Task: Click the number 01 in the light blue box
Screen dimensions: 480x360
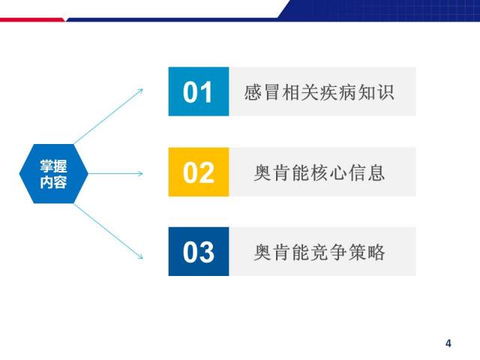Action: pyautogui.click(x=197, y=92)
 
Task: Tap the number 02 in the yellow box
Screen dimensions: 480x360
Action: pyautogui.click(x=198, y=172)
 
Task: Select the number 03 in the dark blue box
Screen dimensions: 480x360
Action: pyautogui.click(x=198, y=252)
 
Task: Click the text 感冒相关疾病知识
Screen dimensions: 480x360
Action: pyautogui.click(x=319, y=92)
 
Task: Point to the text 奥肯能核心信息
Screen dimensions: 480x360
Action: pyautogui.click(x=319, y=172)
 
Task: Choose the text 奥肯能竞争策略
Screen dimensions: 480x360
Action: pyautogui.click(x=319, y=252)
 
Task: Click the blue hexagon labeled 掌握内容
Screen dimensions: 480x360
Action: pyautogui.click(x=53, y=173)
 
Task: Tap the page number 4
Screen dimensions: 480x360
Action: pyautogui.click(x=448, y=343)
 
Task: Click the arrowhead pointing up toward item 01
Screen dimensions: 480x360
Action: pyautogui.click(x=140, y=91)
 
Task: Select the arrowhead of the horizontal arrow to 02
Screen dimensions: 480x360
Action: pyautogui.click(x=140, y=173)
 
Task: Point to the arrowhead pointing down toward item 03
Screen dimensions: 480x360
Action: pyautogui.click(x=140, y=256)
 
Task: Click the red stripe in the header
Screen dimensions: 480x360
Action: pyautogui.click(x=32, y=20)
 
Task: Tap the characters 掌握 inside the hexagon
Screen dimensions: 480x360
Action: pyautogui.click(x=53, y=166)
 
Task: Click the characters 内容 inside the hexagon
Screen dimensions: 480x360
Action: pyautogui.click(x=53, y=181)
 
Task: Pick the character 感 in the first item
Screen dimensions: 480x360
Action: pyautogui.click(x=253, y=92)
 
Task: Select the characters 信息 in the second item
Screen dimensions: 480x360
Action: pyautogui.click(x=367, y=172)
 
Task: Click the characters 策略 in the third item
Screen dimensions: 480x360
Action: pyautogui.click(x=367, y=252)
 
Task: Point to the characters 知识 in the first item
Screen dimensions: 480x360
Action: pyautogui.click(x=376, y=92)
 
